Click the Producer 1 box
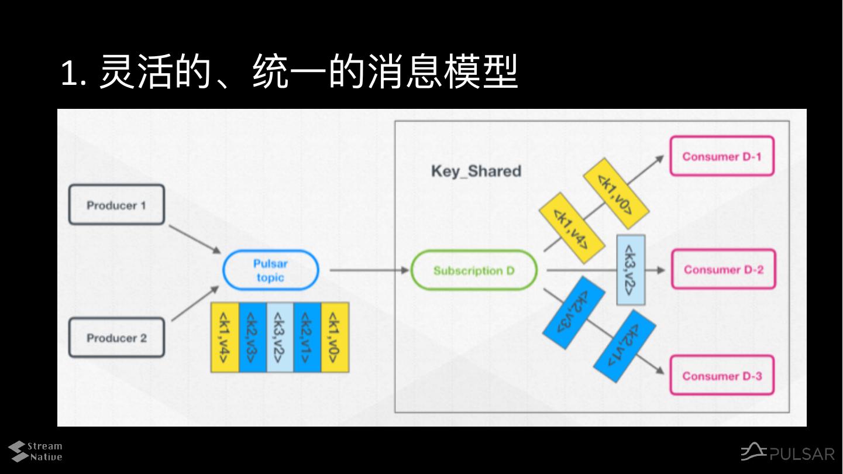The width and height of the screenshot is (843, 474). [x=116, y=205]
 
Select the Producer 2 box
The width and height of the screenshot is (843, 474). [x=116, y=338]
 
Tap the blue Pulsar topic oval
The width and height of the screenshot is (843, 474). [x=270, y=270]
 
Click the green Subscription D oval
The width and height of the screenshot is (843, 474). [x=474, y=270]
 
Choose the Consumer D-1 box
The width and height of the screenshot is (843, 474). [x=722, y=156]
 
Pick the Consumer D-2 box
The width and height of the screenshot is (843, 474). [x=724, y=270]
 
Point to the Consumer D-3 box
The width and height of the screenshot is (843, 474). [x=722, y=376]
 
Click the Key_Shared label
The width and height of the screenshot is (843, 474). [x=476, y=171]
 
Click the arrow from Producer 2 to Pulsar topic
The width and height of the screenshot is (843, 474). [x=195, y=303]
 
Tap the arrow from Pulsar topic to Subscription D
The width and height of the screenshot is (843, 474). [x=369, y=270]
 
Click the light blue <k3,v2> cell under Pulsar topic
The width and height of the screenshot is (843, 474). [x=280, y=337]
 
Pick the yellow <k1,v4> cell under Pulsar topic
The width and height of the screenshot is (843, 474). [x=225, y=337]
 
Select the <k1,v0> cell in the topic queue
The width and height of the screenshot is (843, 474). [x=335, y=337]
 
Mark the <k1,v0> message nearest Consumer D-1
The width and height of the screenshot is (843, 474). [x=615, y=193]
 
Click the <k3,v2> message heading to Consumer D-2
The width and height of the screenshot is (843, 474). [x=631, y=270]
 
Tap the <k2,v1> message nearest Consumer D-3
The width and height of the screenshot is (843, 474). [x=625, y=346]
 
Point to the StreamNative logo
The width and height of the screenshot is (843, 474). [x=35, y=451]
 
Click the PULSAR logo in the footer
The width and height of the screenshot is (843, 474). [x=787, y=452]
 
